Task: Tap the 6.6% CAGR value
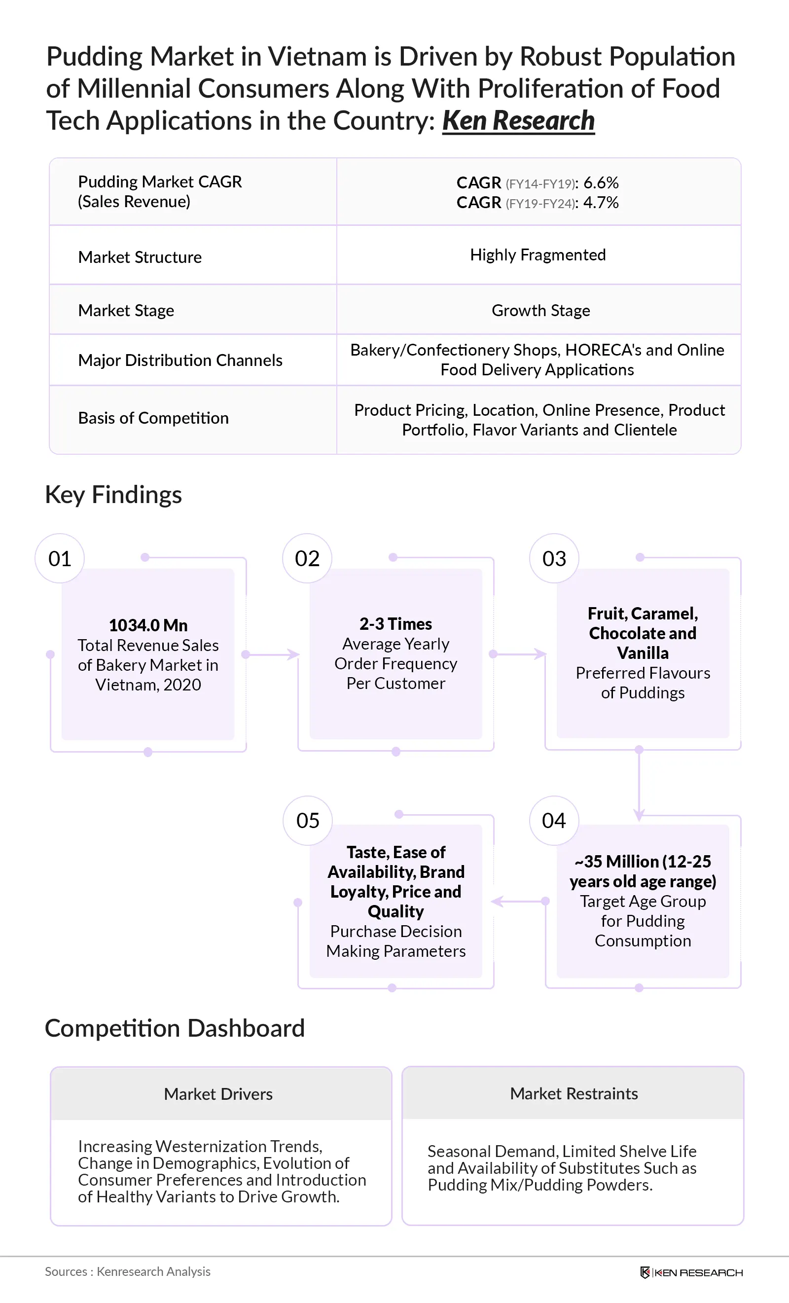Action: [601, 183]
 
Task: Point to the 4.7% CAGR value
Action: [601, 203]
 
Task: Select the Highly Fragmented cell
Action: [538, 255]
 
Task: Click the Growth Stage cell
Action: [540, 310]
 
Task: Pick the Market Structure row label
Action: [140, 257]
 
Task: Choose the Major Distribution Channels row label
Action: [180, 361]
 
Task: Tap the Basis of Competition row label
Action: [153, 418]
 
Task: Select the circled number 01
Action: [60, 558]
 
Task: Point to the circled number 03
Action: [554, 558]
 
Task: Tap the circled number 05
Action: [308, 821]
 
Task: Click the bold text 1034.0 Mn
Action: [148, 625]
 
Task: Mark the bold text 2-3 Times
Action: [395, 624]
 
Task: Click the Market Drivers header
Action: [218, 1094]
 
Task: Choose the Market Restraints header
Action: [574, 1093]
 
